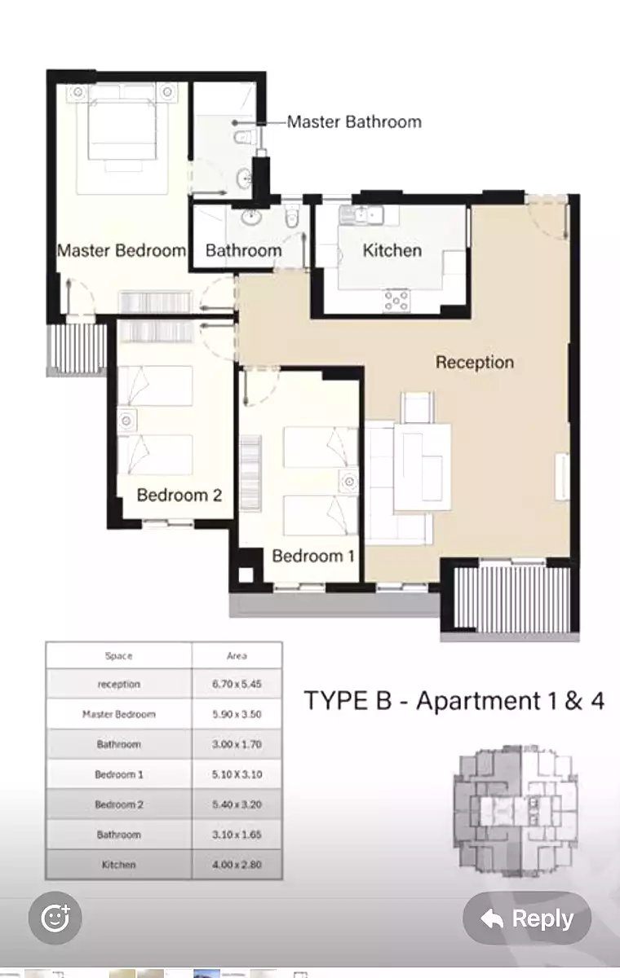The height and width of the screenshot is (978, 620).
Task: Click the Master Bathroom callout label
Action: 354,121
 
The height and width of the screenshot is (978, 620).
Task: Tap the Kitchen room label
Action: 392,250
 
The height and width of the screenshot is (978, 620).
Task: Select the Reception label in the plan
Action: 475,363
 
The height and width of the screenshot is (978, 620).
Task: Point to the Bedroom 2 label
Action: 179,496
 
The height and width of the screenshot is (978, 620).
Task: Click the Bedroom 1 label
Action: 312,556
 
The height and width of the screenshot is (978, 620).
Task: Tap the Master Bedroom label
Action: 122,251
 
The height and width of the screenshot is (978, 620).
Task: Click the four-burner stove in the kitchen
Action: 396,301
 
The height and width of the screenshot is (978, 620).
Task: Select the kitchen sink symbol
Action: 361,215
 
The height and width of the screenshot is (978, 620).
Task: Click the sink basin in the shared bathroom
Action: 250,218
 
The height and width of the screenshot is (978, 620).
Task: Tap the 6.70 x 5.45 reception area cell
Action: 237,684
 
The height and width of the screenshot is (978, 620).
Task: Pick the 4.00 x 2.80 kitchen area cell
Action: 237,865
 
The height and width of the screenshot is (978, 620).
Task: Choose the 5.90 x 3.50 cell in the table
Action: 237,714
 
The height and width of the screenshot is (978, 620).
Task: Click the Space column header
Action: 118,656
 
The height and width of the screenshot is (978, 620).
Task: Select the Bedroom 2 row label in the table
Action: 119,804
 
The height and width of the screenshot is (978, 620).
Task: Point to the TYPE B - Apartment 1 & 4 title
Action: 454,700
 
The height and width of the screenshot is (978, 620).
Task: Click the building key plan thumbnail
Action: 516,811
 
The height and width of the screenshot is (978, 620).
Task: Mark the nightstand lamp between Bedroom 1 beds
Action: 349,482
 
